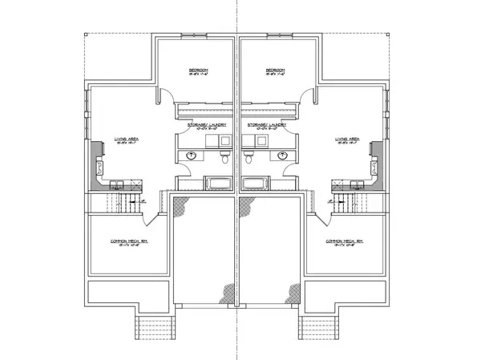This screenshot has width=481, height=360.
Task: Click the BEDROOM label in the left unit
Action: pos(198,71)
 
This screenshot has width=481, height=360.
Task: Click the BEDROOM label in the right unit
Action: pos(277,71)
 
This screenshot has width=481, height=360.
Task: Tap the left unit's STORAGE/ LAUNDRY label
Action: pos(207,125)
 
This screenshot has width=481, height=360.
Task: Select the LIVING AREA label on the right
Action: pos(347,139)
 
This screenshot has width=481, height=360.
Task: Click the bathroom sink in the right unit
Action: pos(282,156)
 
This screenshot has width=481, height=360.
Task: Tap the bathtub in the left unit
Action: pos(215,184)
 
